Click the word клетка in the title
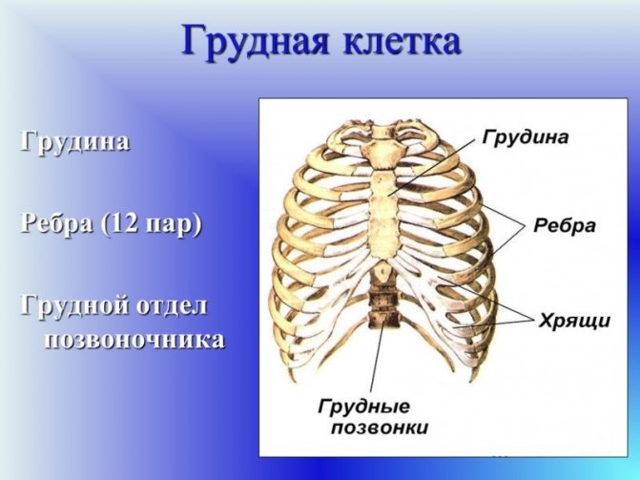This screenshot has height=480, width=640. pos(403,41)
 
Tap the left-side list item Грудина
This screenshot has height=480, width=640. pos(74,142)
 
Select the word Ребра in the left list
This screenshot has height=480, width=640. pos(56,223)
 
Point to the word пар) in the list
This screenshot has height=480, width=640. pos(175,225)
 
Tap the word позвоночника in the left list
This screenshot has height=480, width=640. pos(134,341)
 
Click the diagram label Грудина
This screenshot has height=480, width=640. pos(525,137)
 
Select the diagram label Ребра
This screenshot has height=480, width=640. pos(564,225)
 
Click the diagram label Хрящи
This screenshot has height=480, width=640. pos(574,321)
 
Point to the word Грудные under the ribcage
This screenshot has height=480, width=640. pos(364,407)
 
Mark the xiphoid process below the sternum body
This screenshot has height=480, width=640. pos(382,270)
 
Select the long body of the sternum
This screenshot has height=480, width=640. pos(383,216)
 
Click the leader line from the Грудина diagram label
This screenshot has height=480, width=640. pos(432,166)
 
